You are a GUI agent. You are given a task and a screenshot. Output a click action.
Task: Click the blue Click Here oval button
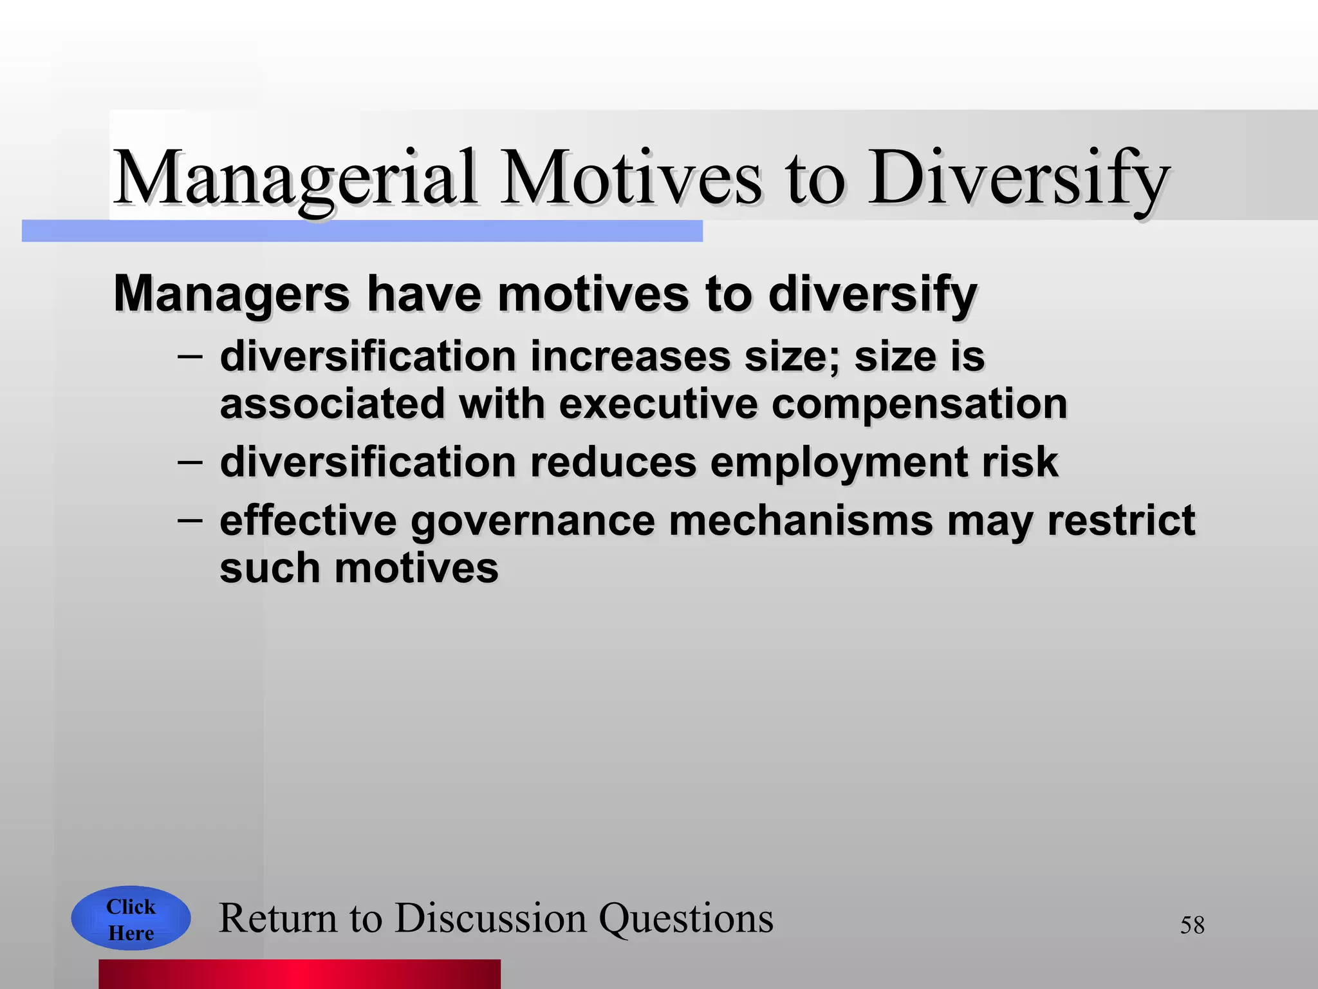pos(131,919)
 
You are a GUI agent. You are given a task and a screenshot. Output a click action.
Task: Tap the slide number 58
pos(1192,925)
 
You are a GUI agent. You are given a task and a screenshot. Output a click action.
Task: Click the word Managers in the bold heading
pos(232,294)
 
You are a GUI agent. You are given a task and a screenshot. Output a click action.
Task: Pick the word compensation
pos(919,404)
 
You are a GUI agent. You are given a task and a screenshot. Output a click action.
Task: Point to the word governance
pos(533,521)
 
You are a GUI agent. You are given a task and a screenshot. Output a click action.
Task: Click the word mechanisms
pos(801,521)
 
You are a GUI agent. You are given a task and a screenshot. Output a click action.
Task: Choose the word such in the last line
pos(270,569)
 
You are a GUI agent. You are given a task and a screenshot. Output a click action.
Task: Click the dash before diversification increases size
pos(190,356)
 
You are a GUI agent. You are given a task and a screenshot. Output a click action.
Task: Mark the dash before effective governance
pos(190,520)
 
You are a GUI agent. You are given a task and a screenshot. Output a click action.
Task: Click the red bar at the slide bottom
pos(299,974)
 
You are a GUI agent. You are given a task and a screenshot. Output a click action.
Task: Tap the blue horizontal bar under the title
pos(362,231)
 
